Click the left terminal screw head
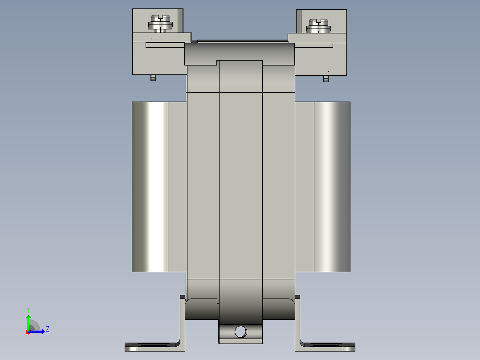pyautogui.click(x=160, y=23)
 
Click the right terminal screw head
pyautogui.click(x=318, y=26)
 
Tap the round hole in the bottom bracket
pyautogui.click(x=240, y=331)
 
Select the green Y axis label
pyautogui.click(x=28, y=310)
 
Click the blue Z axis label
pyautogui.click(x=48, y=329)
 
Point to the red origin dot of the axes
pyautogui.click(x=28, y=332)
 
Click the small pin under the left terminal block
pyautogui.click(x=153, y=78)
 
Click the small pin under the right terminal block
pyautogui.click(x=326, y=78)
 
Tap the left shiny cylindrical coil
pyautogui.click(x=150, y=187)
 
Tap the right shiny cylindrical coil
pyautogui.click(x=332, y=187)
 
